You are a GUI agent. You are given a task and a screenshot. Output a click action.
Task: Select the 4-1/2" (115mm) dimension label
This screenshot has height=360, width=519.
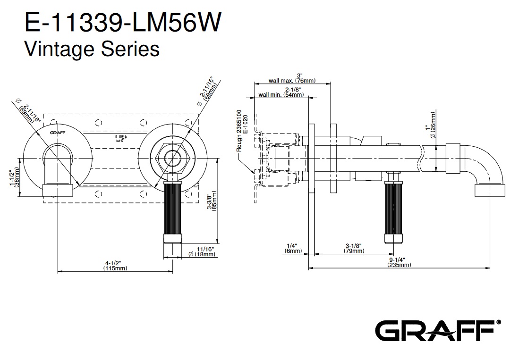pyautogui.click(x=115, y=266)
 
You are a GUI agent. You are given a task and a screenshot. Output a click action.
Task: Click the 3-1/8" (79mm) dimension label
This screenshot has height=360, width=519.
pyautogui.click(x=354, y=248)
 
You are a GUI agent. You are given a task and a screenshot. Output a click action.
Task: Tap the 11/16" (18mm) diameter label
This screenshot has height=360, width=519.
pyautogui.click(x=202, y=251)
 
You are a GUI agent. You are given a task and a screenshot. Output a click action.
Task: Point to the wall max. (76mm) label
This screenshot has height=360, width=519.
pyautogui.click(x=298, y=78)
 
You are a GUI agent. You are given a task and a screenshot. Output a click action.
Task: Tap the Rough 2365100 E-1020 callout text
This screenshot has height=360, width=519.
pyautogui.click(x=242, y=131)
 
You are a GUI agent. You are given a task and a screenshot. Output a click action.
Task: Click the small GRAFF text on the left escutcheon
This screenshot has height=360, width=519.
pyautogui.click(x=57, y=133)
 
